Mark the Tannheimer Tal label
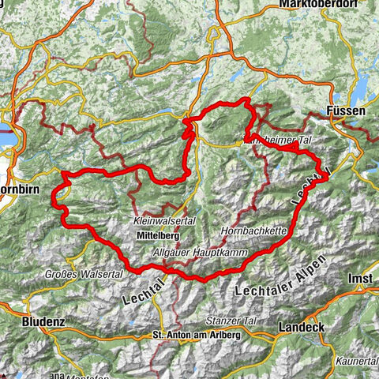tap(273, 141)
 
